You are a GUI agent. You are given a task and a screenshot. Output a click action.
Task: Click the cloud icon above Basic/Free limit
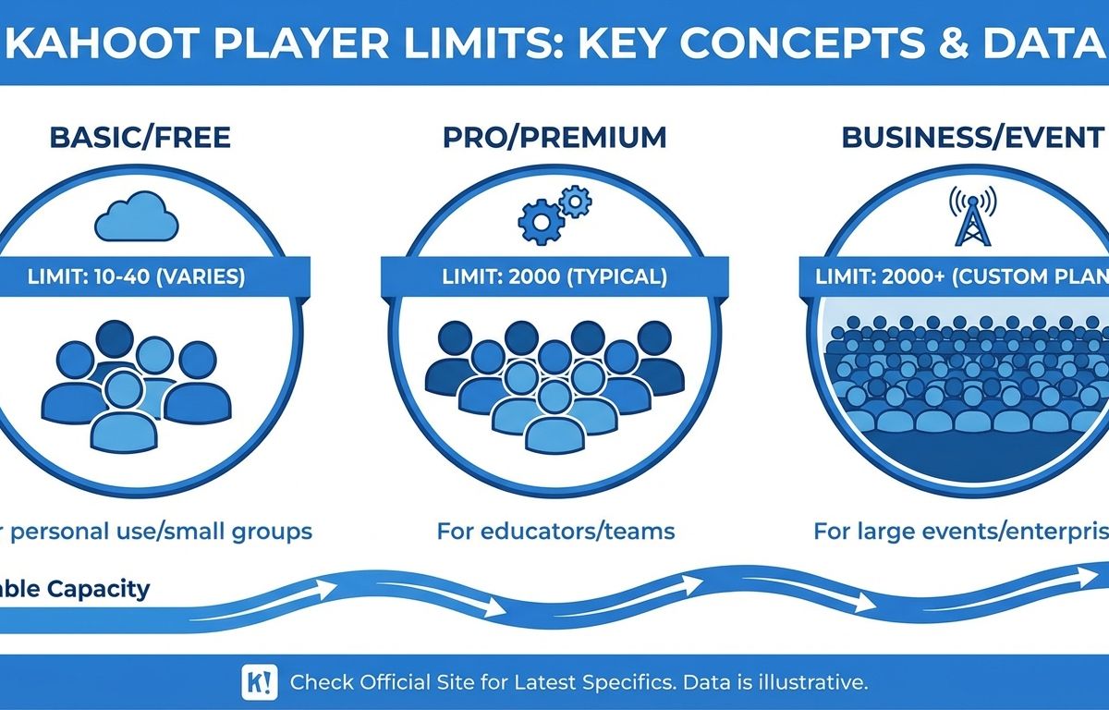click(137, 217)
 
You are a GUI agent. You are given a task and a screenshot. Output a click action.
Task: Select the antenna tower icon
click(973, 217)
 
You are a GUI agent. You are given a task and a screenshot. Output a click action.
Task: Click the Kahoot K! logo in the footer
click(260, 683)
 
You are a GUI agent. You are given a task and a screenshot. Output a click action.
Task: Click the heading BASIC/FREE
click(140, 137)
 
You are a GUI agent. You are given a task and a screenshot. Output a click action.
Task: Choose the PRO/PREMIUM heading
click(554, 137)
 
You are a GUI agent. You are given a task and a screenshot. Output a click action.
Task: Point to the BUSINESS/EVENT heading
click(973, 137)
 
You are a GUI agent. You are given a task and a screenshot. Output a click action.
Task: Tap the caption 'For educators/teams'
click(556, 532)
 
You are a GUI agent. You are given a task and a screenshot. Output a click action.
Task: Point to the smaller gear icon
click(575, 201)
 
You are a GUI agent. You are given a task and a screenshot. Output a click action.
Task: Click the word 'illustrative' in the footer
click(813, 682)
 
